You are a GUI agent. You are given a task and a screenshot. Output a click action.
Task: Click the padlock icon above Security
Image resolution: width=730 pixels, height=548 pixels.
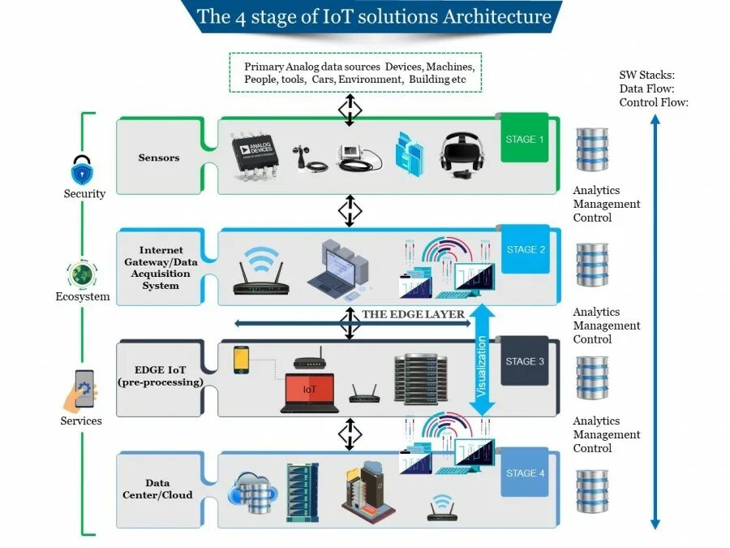pyautogui.click(x=83, y=170)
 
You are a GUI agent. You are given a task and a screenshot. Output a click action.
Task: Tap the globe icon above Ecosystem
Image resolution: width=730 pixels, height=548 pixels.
pyautogui.click(x=83, y=274)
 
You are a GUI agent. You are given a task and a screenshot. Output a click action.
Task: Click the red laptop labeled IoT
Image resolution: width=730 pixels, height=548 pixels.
pyautogui.click(x=310, y=393)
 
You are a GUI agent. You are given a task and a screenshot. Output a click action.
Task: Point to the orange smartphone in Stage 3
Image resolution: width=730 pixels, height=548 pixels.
pyautogui.click(x=242, y=360)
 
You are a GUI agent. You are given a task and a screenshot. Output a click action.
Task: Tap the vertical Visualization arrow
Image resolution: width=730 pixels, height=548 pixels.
pyautogui.click(x=483, y=361)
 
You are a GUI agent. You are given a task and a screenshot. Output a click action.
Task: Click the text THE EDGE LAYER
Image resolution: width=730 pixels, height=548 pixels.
pyautogui.click(x=414, y=314)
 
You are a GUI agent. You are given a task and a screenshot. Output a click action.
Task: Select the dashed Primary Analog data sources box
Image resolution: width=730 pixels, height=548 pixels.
pyautogui.click(x=355, y=72)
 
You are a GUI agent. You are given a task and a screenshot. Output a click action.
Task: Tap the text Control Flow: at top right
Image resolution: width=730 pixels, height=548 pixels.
pyautogui.click(x=654, y=102)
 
